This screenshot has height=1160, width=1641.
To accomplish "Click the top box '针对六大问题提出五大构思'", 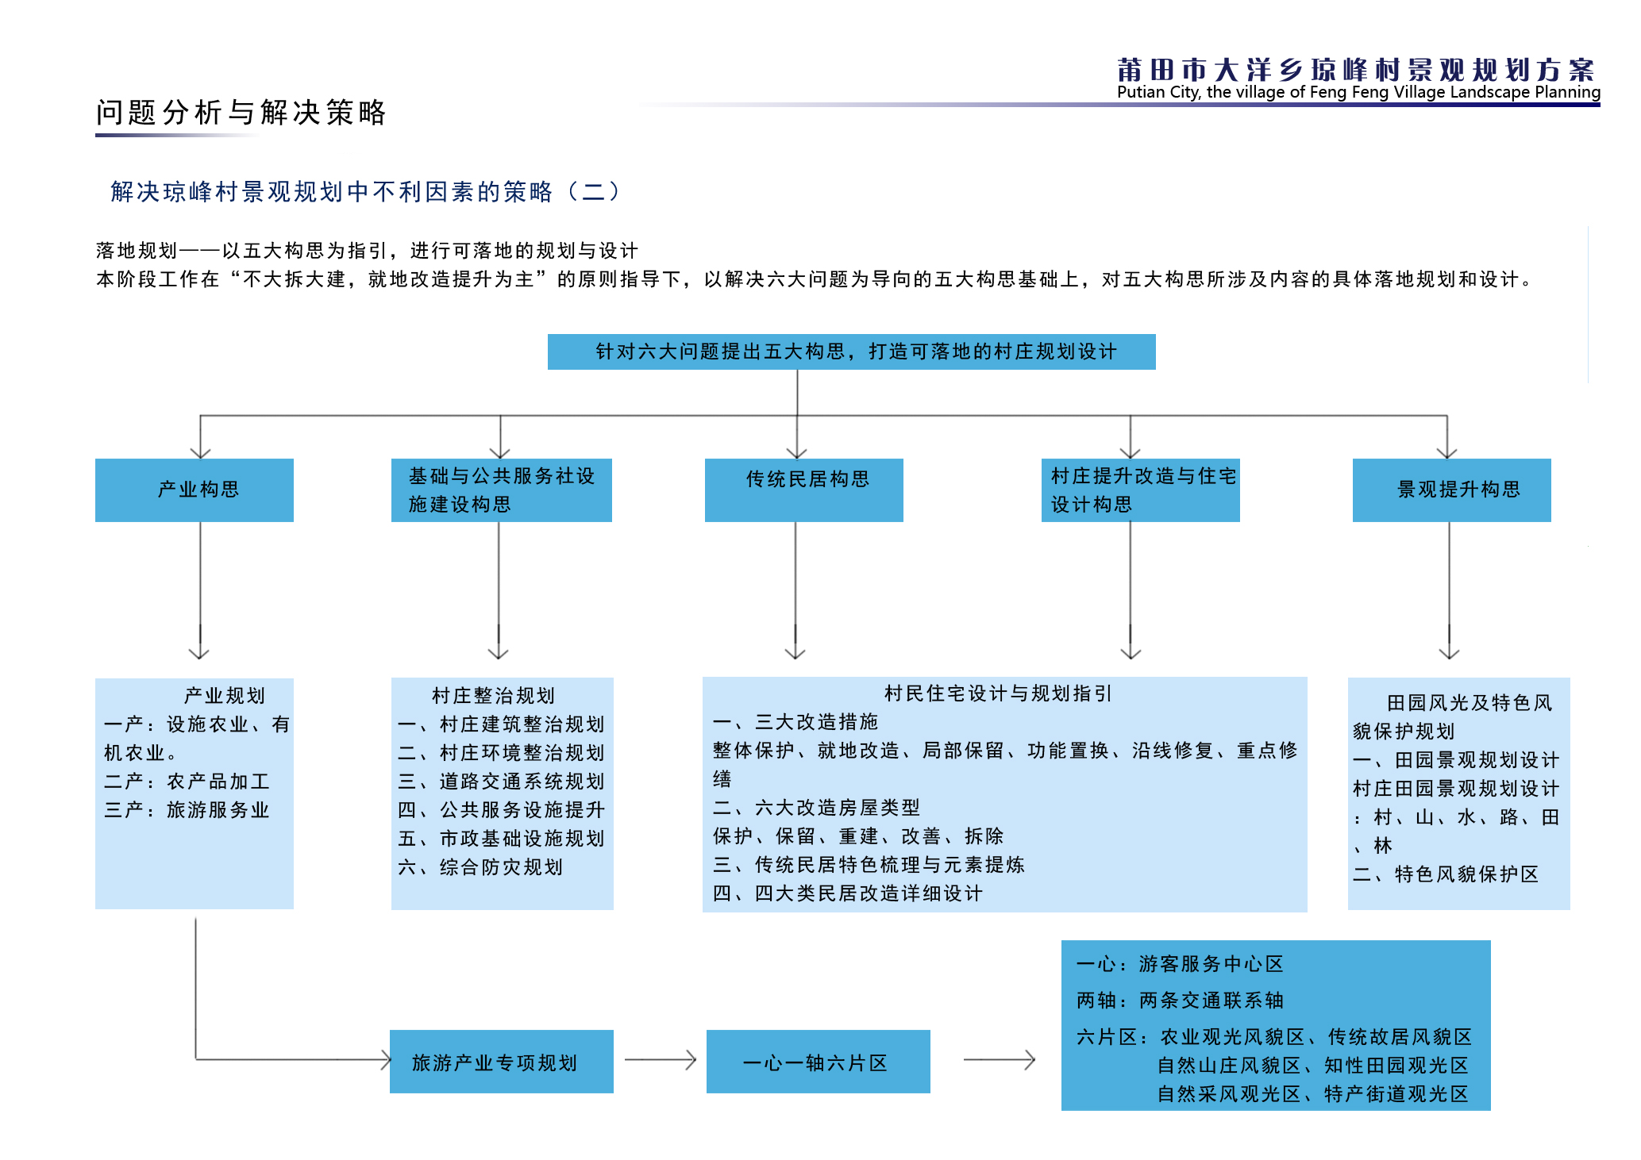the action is coord(851,351).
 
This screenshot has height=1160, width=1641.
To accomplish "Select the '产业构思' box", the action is coord(195,490).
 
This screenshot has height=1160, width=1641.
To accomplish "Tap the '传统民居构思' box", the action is coord(804,490).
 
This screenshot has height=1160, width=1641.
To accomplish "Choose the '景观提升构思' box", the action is coord(1452,490).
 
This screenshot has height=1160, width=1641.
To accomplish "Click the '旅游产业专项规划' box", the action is coord(502,1062).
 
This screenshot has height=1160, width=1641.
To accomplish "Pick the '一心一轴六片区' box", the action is coord(819,1062).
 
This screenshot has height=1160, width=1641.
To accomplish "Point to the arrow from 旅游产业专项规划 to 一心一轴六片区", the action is coord(661,1059).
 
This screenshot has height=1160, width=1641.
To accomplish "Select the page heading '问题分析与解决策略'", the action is coord(241,113).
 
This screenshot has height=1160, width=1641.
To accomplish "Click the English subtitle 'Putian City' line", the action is coord(1358,92).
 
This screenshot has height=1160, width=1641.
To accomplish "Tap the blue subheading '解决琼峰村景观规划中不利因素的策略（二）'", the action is coord(365,191).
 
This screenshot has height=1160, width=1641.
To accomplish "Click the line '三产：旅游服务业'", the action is coord(187,810).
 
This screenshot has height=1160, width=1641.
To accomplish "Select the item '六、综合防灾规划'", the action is coord(480,867).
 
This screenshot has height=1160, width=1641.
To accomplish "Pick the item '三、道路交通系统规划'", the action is coord(502,782).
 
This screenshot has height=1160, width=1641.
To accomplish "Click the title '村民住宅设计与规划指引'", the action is coord(998,693).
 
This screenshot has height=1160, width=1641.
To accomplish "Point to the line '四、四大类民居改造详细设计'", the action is coord(848,893).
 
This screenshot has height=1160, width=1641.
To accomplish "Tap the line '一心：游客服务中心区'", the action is coord(1180,964).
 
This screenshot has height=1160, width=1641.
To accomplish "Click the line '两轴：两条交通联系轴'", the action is coord(1180,1001).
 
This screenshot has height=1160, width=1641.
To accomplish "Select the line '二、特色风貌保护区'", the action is coord(1446,874).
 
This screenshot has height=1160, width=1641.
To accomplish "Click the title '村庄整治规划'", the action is coord(493,696).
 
